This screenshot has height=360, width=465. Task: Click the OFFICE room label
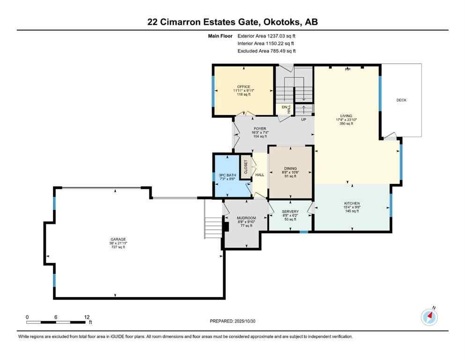[x=243, y=87]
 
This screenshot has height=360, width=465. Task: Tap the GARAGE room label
[x=115, y=239]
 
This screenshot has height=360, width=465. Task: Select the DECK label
[x=401, y=100]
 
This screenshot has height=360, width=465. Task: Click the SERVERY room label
[x=290, y=211]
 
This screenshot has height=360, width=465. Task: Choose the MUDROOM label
[x=246, y=218]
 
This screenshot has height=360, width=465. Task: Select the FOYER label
[x=260, y=128]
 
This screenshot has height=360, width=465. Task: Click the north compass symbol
[x=429, y=317]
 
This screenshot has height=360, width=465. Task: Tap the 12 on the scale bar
[x=87, y=317]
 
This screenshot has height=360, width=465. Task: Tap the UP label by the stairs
[x=304, y=120]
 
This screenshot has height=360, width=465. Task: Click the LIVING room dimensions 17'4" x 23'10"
[x=346, y=120]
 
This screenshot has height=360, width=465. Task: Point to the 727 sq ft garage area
[x=115, y=247]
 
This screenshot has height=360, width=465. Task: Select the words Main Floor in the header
[x=220, y=36]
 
